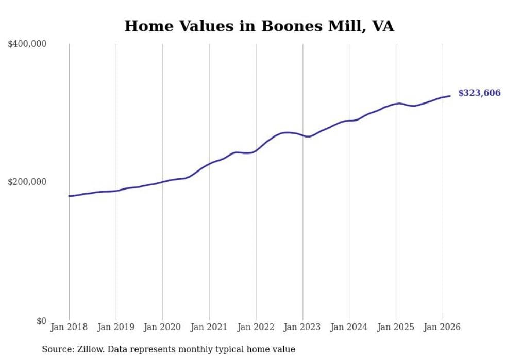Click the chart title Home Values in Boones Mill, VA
coord(259,26)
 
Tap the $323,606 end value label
coord(479,93)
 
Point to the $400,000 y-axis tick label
coord(27,44)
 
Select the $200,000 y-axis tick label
coord(27,182)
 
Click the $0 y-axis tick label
coord(41,321)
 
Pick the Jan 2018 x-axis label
coord(69,327)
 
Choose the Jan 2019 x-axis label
coord(116,327)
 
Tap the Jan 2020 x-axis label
coord(162,327)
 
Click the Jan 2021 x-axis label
coord(209,327)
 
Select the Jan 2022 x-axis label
coord(256,327)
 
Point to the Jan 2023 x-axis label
coord(302,327)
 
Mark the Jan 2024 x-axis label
coord(349,327)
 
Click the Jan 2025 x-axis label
coord(396,327)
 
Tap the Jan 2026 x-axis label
coord(442,327)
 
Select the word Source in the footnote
coord(56,349)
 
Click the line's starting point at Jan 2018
coord(69,196)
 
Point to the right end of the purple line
coord(450,96)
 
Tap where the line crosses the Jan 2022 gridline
coord(256,150)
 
